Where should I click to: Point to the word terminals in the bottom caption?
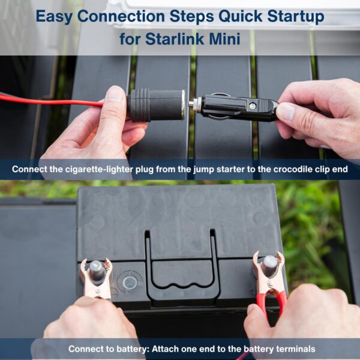tap(293, 349)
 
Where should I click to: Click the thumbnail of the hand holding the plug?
tap(287, 112)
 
